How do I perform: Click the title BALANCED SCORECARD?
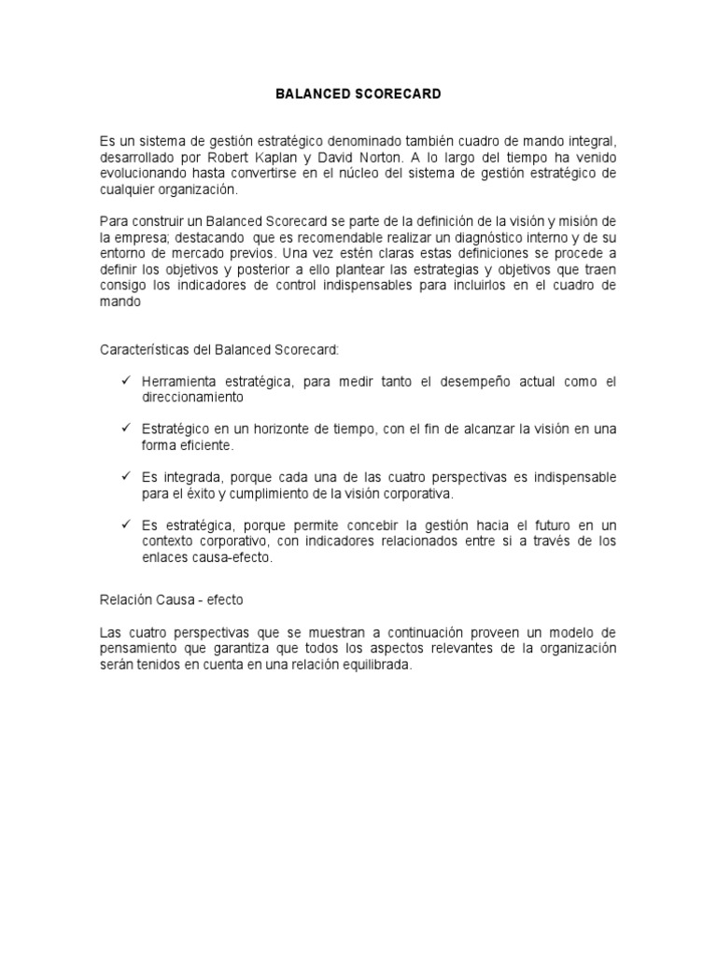pos(358,94)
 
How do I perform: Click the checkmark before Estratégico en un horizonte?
pos(124,428)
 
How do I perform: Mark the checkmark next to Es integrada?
pos(124,476)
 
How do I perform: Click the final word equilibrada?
pos(368,664)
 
